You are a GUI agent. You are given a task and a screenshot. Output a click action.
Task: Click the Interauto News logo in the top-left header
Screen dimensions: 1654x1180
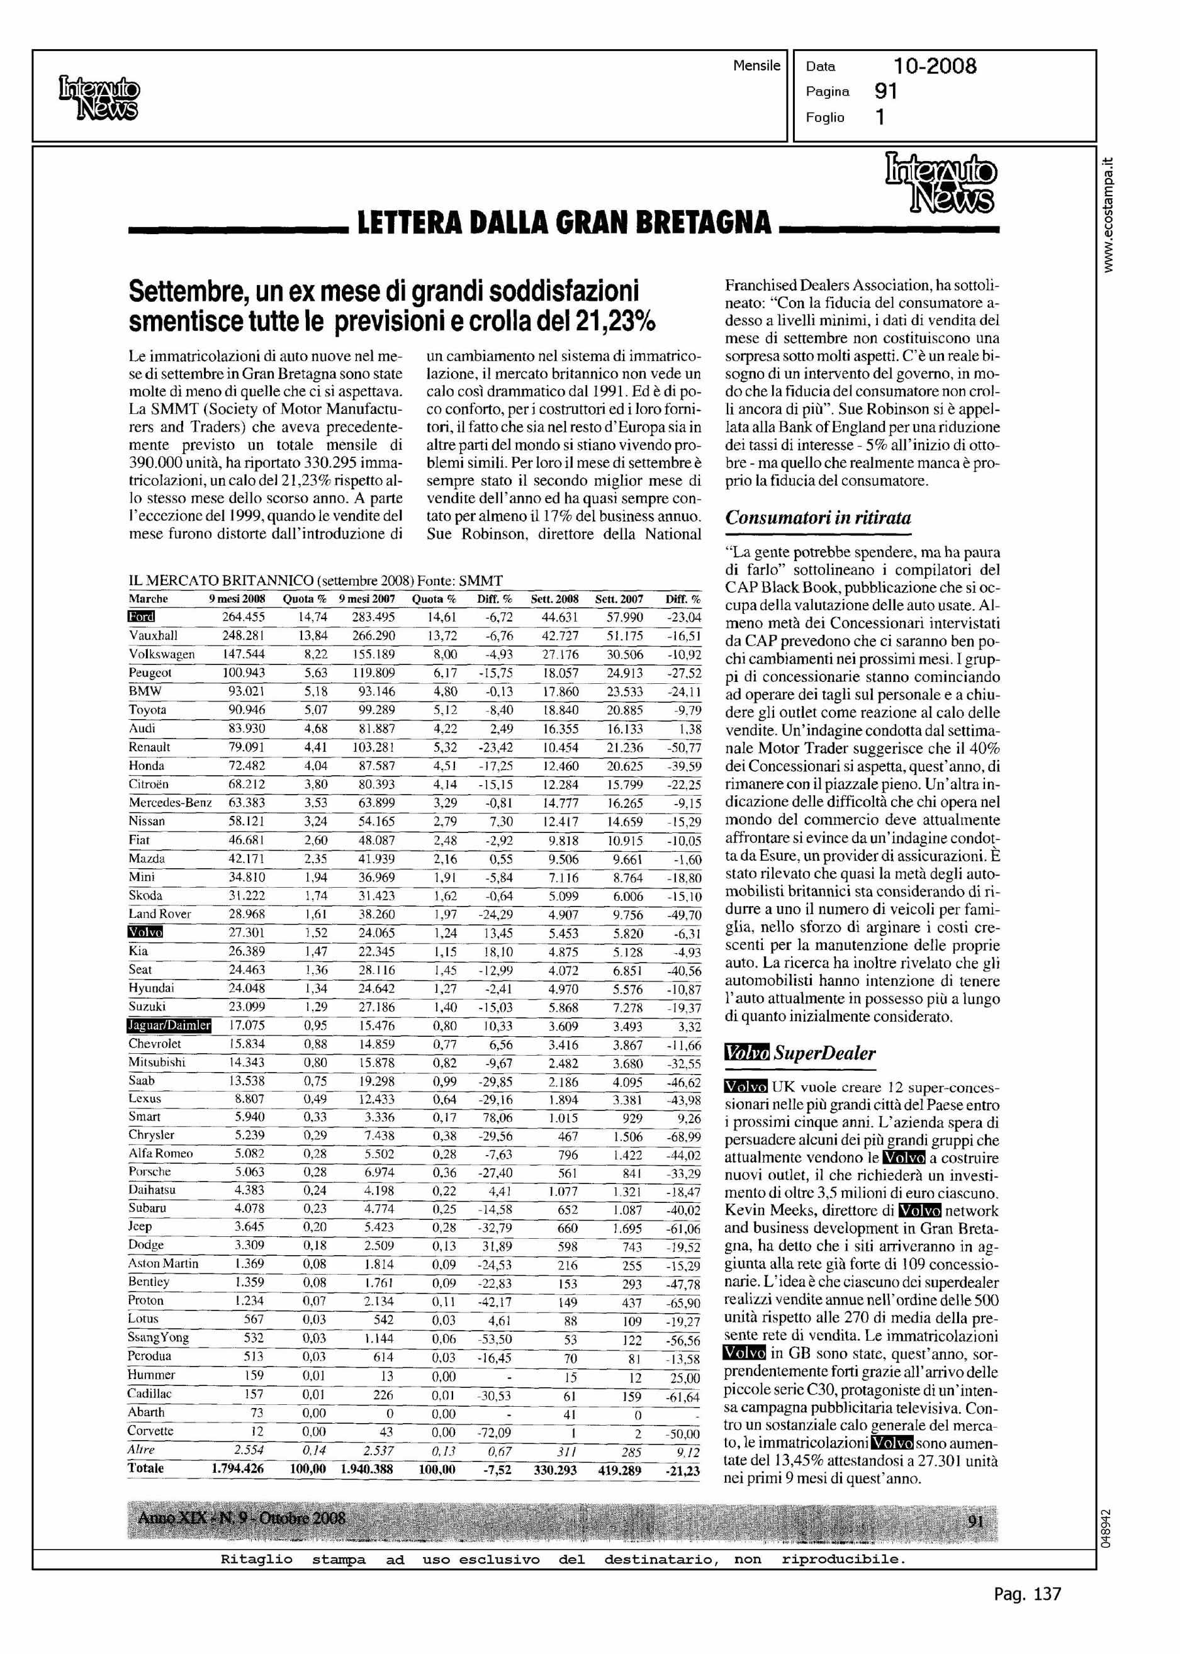[98, 98]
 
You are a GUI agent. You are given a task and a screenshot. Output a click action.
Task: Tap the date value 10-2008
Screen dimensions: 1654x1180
[935, 67]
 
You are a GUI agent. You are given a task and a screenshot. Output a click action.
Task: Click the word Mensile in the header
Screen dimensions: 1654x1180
[756, 65]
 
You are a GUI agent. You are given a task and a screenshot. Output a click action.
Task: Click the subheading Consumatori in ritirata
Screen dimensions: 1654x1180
[818, 518]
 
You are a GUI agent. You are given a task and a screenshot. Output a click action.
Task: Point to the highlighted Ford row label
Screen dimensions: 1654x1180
[142, 617]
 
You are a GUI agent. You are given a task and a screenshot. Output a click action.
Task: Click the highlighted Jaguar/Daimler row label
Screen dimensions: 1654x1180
[169, 1025]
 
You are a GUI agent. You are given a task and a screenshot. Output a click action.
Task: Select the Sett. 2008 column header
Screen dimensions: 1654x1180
[555, 600]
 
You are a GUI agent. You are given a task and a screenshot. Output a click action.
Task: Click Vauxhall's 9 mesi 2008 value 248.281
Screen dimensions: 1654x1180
[244, 635]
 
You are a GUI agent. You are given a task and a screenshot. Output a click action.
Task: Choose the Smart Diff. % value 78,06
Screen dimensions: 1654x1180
[495, 1117]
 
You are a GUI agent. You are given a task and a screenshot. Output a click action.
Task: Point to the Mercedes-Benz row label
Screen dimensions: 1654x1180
[170, 803]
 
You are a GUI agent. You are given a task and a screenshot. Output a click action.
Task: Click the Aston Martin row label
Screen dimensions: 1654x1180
[163, 1263]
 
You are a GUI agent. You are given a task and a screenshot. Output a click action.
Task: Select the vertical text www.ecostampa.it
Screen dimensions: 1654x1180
[1106, 215]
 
